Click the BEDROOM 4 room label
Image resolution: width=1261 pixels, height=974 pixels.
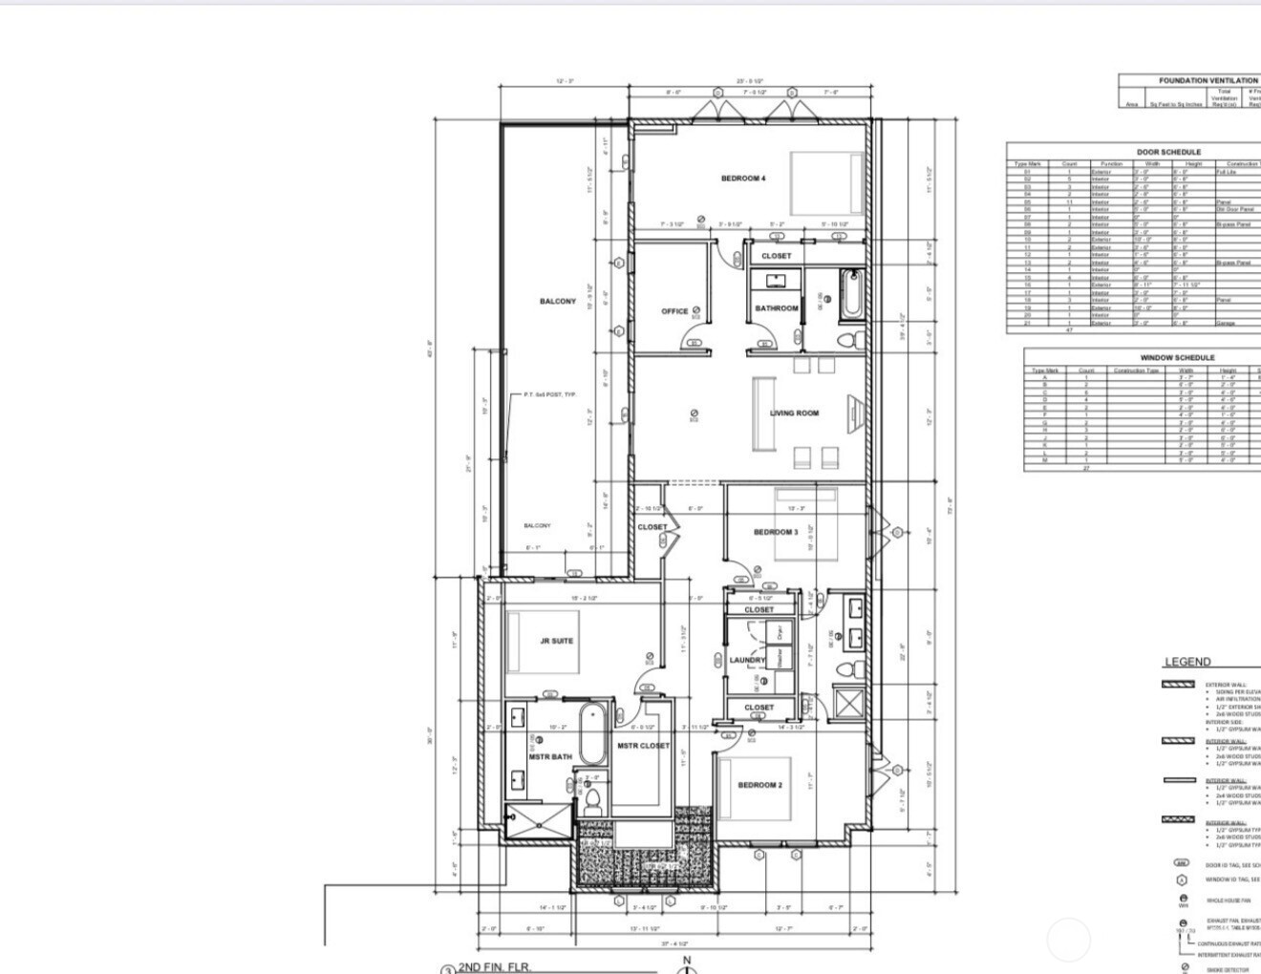click(742, 179)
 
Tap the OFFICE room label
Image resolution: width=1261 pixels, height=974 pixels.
click(674, 311)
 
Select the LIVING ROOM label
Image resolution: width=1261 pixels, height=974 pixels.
click(795, 413)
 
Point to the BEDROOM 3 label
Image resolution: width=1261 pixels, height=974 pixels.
click(775, 532)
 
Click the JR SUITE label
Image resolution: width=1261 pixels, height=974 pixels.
click(556, 641)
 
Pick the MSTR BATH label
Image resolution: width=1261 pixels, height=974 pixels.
click(550, 757)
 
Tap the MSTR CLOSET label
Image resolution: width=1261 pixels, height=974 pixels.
click(643, 746)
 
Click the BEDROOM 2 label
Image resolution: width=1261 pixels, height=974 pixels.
click(759, 785)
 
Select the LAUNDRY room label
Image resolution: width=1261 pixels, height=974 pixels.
click(747, 660)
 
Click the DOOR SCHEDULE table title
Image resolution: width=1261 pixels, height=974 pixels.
click(1168, 152)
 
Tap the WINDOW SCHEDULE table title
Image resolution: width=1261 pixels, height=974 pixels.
click(1177, 357)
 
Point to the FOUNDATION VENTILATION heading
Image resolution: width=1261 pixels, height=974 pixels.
click(1208, 81)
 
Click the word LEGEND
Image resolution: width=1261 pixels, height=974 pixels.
click(1187, 662)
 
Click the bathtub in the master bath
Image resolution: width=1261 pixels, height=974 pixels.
click(591, 734)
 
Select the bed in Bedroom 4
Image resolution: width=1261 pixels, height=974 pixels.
click(825, 181)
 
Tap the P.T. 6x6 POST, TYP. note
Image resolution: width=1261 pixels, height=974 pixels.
click(550, 394)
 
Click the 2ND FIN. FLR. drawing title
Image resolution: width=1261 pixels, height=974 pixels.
click(493, 966)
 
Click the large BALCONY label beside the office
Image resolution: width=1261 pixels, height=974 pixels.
click(558, 302)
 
